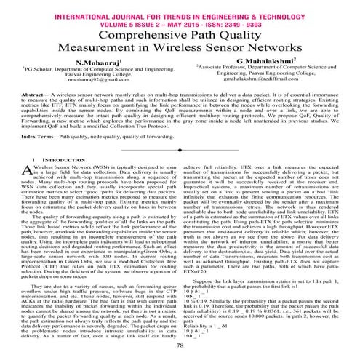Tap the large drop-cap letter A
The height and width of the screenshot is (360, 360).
[x=28, y=190]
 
